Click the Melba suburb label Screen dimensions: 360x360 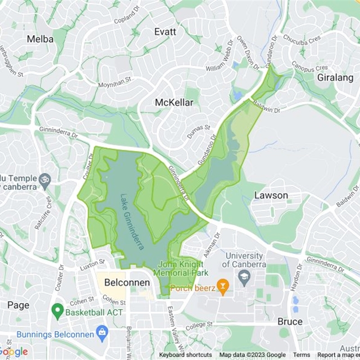(40, 39)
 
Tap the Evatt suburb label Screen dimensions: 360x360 (165, 32)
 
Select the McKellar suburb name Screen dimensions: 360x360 (174, 103)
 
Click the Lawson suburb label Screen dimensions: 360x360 (271, 195)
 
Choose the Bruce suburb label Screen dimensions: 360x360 (290, 322)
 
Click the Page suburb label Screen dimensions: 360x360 (18, 305)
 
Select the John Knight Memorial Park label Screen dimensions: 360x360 (180, 269)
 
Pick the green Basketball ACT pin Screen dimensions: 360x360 (57, 310)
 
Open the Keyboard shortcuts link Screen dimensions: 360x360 (185, 355)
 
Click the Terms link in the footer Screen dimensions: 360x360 (301, 355)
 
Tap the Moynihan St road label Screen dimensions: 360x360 (115, 81)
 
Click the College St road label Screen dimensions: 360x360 (198, 324)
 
